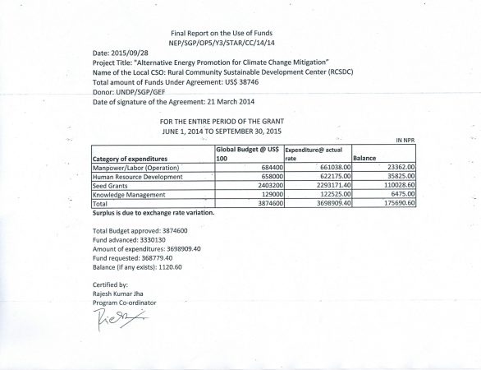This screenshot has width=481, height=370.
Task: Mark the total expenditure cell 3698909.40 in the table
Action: pos(321,202)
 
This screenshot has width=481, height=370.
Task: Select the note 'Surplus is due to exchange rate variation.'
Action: pos(153,212)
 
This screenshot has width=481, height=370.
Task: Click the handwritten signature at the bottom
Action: pos(115,318)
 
